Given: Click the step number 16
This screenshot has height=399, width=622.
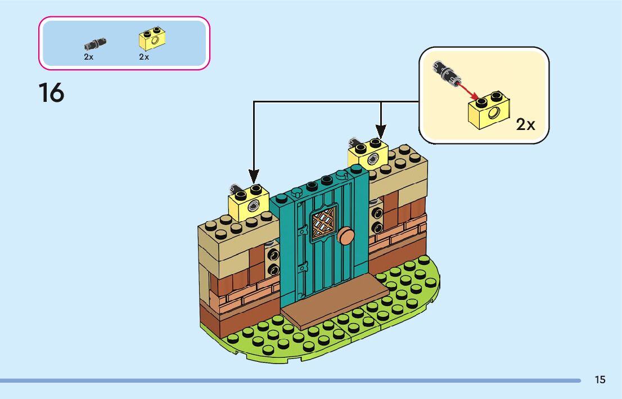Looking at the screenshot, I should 51,93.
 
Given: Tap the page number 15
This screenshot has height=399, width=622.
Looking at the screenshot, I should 600,380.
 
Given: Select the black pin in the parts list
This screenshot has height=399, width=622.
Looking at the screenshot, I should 94,42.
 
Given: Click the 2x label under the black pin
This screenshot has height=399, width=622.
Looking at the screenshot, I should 88,57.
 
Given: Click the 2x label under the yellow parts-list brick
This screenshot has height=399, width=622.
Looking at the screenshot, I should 144,57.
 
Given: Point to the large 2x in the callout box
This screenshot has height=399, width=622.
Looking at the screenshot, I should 525,124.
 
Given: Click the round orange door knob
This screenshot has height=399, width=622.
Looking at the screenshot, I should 345,236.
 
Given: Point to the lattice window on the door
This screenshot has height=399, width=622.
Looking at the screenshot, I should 324,221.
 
